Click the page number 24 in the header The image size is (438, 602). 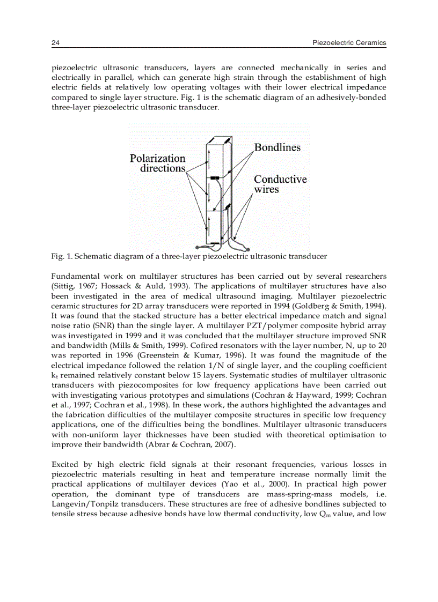(x=55, y=42)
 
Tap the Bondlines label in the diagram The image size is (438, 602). (x=277, y=147)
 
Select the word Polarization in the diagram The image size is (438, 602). (x=157, y=158)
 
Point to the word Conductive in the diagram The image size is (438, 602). (x=280, y=179)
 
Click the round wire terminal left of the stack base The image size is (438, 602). (x=198, y=247)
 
